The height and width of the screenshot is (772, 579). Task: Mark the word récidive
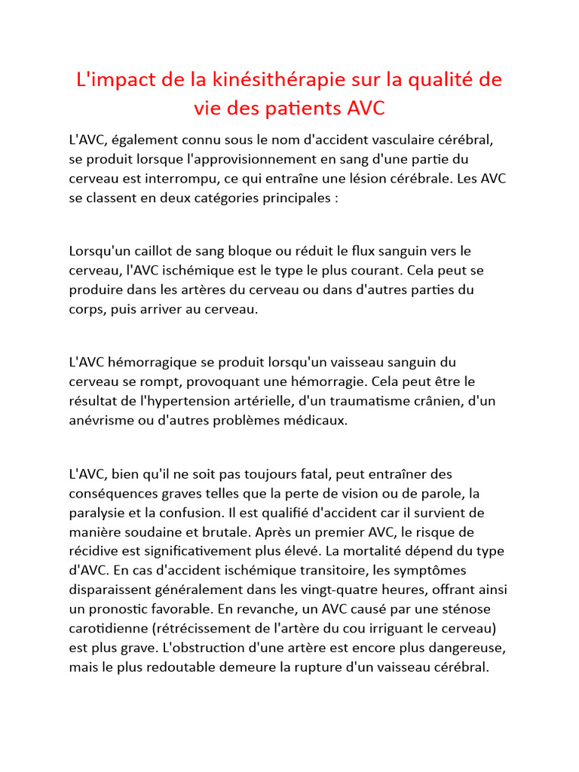click(91, 552)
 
